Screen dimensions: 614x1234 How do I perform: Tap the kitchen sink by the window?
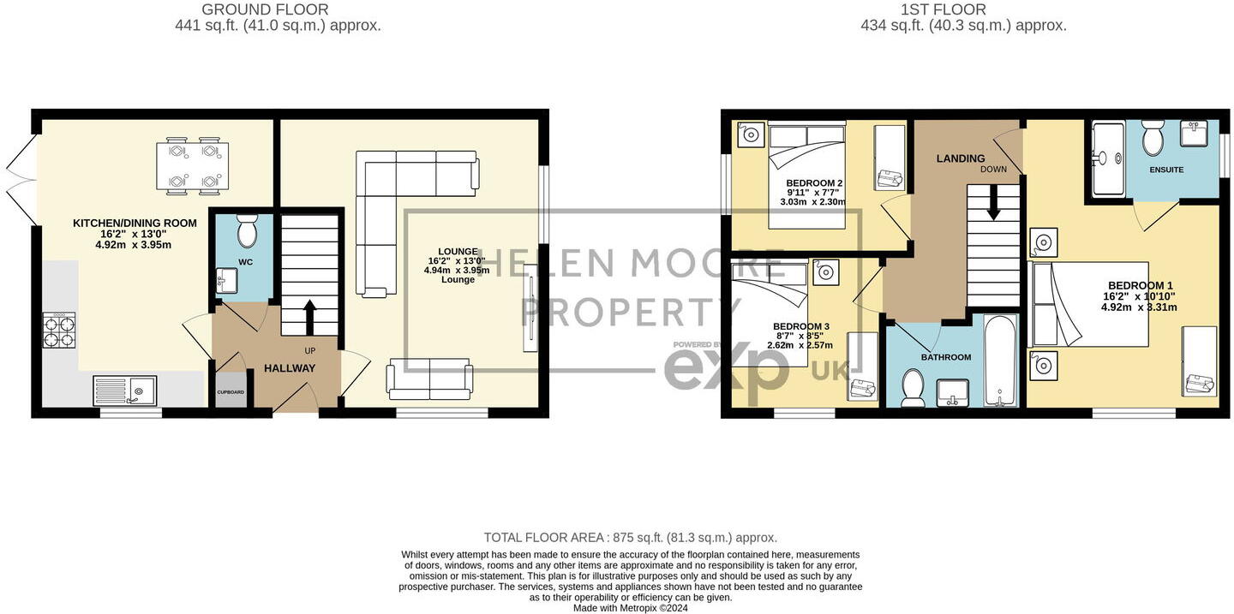pos(125,391)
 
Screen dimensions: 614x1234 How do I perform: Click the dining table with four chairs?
pos(192,164)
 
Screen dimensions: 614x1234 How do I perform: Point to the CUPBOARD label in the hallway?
pos(230,392)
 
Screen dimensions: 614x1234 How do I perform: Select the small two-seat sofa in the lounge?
pos(429,379)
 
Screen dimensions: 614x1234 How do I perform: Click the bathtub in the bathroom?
pos(1000,361)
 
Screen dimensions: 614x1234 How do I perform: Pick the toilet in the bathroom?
pos(912,387)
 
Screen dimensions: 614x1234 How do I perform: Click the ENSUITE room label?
pos(1166,170)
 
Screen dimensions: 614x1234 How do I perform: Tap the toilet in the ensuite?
pos(1153,136)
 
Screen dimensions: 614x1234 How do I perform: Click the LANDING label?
pos(960,158)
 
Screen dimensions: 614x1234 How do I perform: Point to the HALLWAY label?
pos(290,368)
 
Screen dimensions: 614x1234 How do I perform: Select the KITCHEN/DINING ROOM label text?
pos(135,223)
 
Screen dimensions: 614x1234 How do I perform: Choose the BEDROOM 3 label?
pos(801,326)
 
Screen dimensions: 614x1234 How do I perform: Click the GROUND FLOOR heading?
pos(265,9)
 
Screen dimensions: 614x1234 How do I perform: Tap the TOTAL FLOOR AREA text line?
pos(631,538)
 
